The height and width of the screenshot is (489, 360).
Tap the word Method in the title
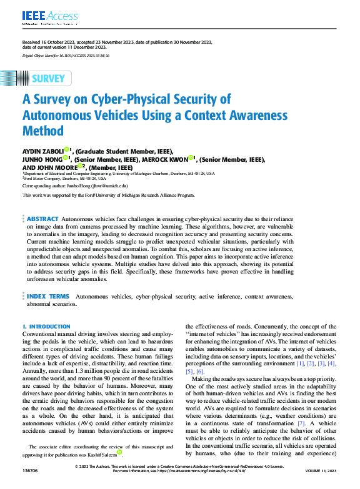[43, 131]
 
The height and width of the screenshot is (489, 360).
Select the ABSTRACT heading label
[43, 219]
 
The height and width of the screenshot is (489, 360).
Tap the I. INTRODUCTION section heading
[46, 327]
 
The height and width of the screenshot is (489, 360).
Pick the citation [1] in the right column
[301, 363]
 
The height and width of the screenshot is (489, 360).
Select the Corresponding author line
[75, 185]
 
